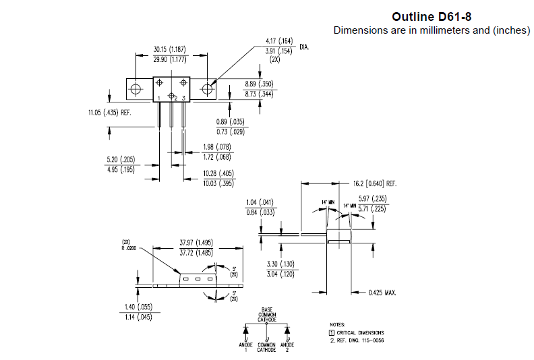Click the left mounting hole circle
[136, 89]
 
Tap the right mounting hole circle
[208, 89]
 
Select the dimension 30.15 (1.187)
[169, 49]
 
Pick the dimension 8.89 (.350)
[260, 84]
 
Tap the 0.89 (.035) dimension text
[230, 121]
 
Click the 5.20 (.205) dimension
[121, 159]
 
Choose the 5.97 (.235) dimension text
[372, 198]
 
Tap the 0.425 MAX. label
[382, 293]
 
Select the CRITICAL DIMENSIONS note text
[360, 332]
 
